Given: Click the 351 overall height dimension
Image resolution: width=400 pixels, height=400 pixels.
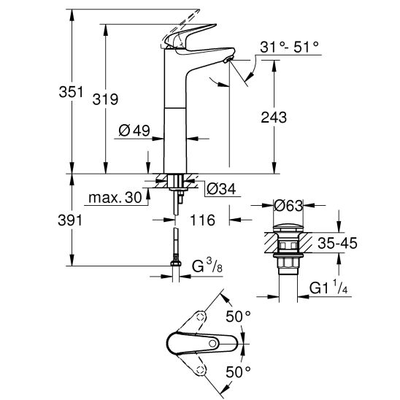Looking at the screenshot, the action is click(x=71, y=92).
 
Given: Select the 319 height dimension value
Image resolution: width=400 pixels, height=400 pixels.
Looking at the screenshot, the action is click(x=105, y=99).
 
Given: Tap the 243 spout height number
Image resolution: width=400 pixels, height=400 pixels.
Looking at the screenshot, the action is click(x=274, y=118).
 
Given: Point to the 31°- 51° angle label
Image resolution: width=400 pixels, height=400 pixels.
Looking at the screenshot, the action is click(x=290, y=47).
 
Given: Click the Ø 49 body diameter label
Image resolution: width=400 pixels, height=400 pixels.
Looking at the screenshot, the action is click(x=134, y=131).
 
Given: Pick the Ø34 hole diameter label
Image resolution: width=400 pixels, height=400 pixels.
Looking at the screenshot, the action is click(x=221, y=189).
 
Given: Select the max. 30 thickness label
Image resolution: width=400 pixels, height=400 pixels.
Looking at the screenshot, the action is click(x=115, y=198).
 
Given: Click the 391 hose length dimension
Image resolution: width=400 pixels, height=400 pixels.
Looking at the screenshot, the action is click(x=70, y=220).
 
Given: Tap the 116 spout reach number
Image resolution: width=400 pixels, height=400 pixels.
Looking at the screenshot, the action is click(x=202, y=220).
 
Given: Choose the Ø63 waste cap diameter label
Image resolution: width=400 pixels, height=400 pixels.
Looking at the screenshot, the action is click(x=288, y=205).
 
